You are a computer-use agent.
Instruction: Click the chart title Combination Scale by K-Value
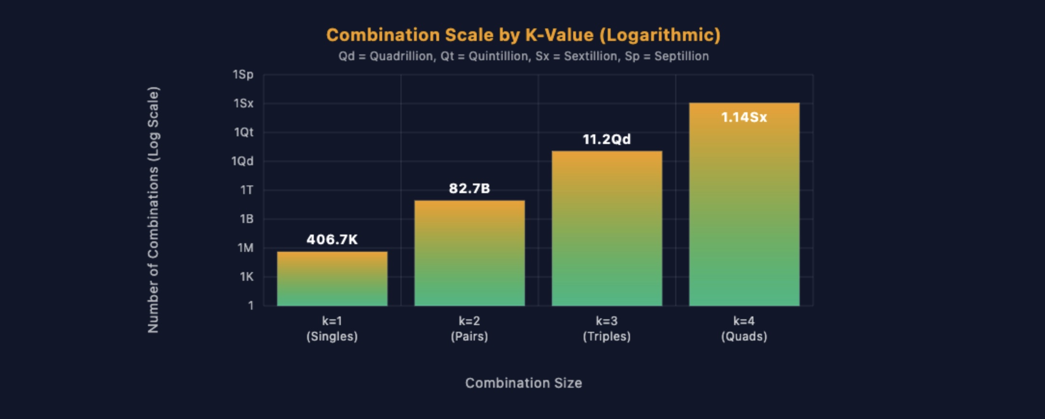coord(523,35)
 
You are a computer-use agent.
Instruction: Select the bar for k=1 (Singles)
coord(332,279)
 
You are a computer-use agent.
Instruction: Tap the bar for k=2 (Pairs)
coord(469,253)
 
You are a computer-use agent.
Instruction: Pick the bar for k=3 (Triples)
coord(607,229)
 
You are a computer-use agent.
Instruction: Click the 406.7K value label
coord(332,239)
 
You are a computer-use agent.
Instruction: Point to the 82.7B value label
coord(469,188)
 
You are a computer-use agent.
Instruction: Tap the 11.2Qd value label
coord(606,140)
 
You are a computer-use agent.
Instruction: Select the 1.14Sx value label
coord(744,118)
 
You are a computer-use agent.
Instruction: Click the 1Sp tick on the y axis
coord(243,75)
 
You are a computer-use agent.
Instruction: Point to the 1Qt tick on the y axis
coord(243,132)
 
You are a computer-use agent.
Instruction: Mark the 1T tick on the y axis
coord(246,190)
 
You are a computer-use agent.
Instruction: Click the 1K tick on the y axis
coord(246,277)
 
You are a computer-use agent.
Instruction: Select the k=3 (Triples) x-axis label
coord(606,328)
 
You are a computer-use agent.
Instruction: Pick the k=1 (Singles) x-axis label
coord(332,328)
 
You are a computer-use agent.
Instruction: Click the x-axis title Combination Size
coord(523,383)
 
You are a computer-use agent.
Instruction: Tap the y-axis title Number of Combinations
coord(153,209)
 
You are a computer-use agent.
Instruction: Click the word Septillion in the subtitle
coord(681,56)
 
